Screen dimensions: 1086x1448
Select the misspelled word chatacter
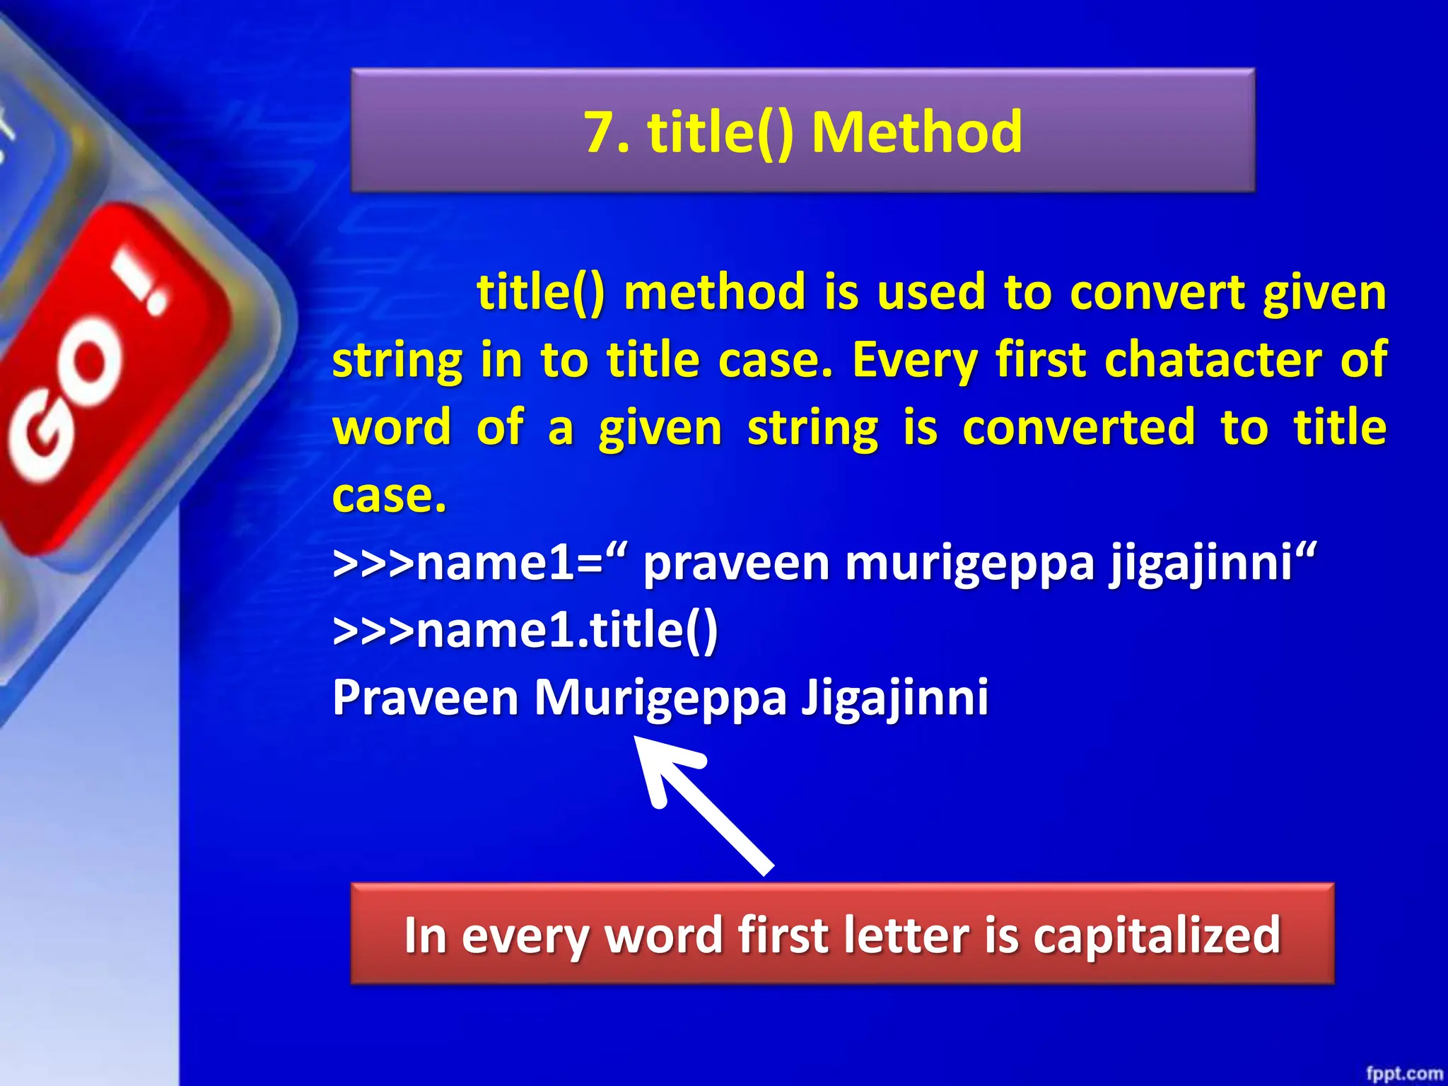(1212, 360)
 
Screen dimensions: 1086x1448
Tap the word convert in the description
(1157, 292)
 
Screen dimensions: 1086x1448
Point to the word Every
(913, 361)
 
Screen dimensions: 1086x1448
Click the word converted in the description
(1078, 428)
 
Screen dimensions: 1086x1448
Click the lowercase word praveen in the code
(735, 564)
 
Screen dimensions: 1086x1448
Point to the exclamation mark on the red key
(141, 283)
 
